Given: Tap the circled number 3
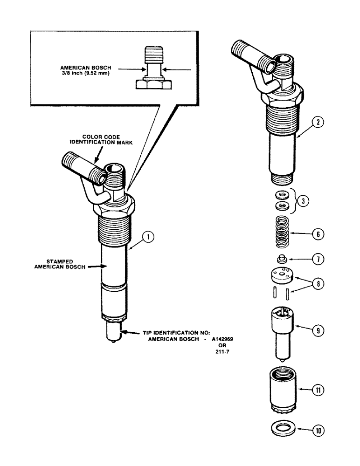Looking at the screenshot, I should [x=303, y=201].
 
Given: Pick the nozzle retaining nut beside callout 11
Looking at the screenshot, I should [x=282, y=390].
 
